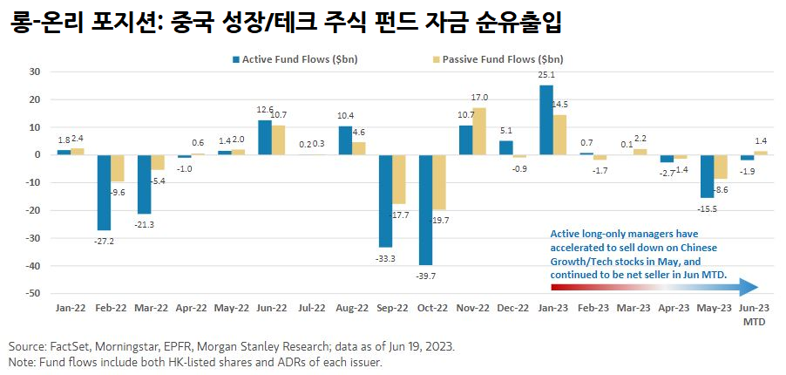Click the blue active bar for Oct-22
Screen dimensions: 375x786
[x=425, y=209]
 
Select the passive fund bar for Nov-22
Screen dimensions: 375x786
[x=479, y=131]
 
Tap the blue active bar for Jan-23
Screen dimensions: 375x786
[x=546, y=119]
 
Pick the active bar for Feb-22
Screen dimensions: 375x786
[x=105, y=193]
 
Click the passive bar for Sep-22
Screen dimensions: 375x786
[x=399, y=179]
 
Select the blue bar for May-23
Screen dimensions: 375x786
[x=708, y=176]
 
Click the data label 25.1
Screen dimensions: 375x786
[x=546, y=76]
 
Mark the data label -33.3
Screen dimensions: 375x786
[x=383, y=258]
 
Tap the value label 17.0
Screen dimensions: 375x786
[x=479, y=98]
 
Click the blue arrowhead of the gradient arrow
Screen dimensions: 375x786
[x=750, y=288]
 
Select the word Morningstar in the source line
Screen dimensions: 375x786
[x=125, y=346]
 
